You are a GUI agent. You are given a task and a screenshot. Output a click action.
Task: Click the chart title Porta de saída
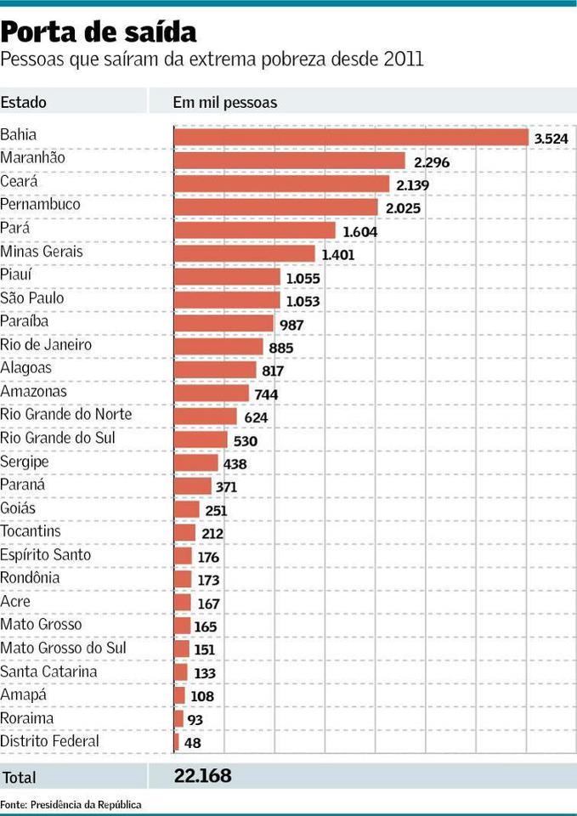click(x=99, y=32)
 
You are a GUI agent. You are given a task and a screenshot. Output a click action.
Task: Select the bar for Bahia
click(x=351, y=137)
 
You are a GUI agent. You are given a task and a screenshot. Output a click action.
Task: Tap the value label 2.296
click(x=432, y=161)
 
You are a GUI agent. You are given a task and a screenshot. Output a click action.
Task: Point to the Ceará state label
click(x=20, y=181)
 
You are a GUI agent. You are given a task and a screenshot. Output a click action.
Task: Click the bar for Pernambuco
click(x=275, y=207)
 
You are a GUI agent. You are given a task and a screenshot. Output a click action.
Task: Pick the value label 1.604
click(x=359, y=231)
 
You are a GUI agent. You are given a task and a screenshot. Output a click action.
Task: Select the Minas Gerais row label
click(x=42, y=252)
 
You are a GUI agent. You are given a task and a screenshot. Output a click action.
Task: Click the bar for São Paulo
click(x=227, y=300)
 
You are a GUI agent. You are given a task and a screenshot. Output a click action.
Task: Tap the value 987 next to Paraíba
click(x=291, y=325)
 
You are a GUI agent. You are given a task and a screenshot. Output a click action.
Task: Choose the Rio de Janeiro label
click(x=46, y=345)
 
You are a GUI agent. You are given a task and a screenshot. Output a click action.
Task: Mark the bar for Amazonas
click(x=212, y=393)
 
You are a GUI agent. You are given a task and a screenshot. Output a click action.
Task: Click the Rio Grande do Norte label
click(x=66, y=415)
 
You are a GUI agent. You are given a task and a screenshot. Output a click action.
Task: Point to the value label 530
click(x=245, y=441)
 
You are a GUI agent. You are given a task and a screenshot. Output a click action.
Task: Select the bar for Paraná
click(x=193, y=486)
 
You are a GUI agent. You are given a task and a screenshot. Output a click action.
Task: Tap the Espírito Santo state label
click(x=46, y=554)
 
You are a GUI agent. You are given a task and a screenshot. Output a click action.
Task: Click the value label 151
click(x=206, y=649)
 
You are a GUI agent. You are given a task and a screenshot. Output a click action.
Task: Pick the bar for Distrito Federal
click(x=177, y=742)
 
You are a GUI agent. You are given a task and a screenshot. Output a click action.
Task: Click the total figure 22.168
click(x=202, y=775)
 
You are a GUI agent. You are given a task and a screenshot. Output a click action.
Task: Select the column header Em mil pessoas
click(x=225, y=103)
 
